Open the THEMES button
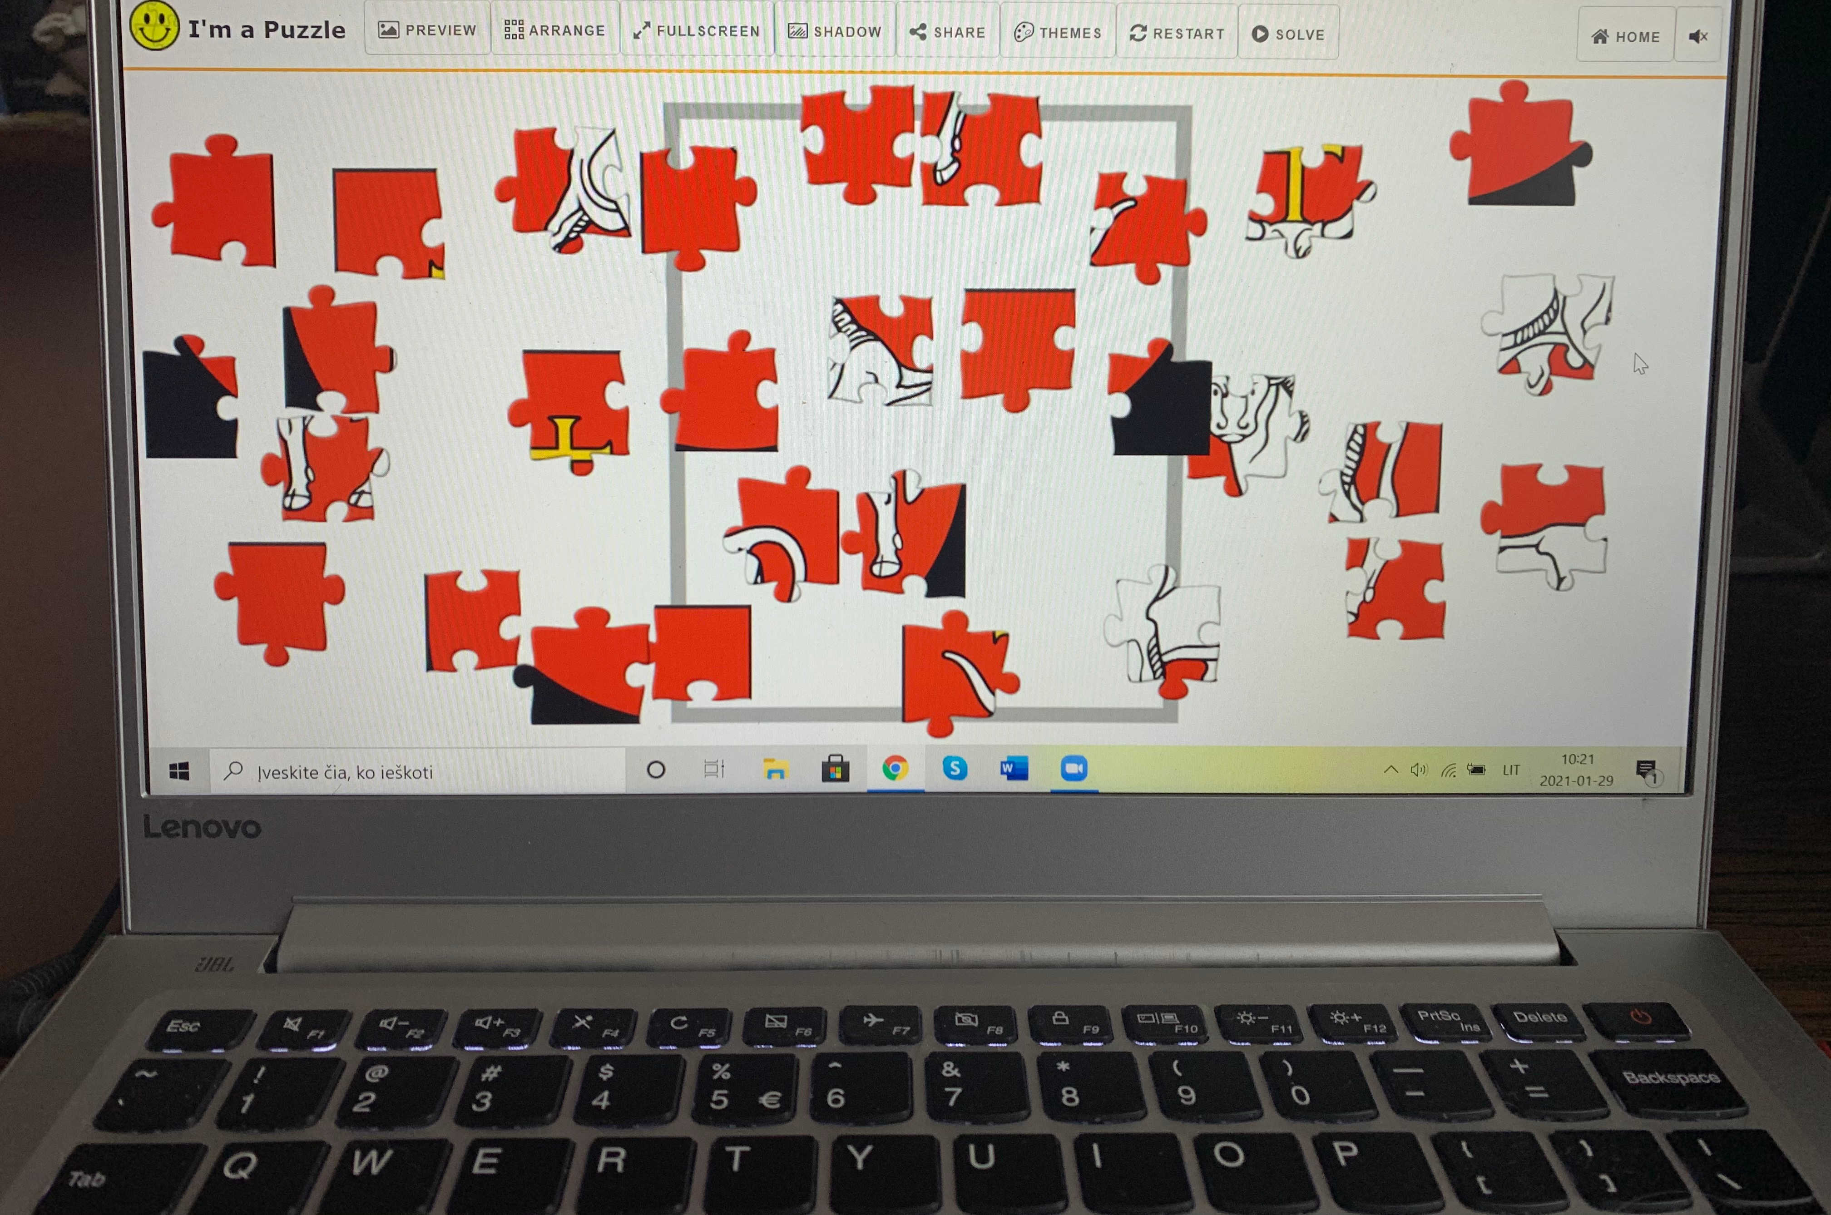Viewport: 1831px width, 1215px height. pyautogui.click(x=1058, y=33)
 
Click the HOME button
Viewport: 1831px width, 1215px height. pyautogui.click(x=1625, y=36)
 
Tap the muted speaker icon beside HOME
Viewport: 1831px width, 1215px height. pyautogui.click(x=1698, y=36)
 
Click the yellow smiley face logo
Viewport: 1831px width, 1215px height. pyautogui.click(x=154, y=25)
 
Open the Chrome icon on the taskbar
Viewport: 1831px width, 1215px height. pyautogui.click(x=895, y=769)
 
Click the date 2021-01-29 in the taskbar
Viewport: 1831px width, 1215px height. pyautogui.click(x=1576, y=780)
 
